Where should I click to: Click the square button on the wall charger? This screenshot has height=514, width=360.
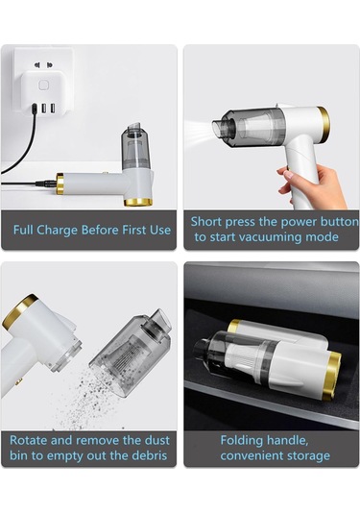(x=43, y=86)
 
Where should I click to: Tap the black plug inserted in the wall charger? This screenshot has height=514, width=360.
(x=35, y=109)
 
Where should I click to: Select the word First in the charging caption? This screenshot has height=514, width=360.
(x=134, y=230)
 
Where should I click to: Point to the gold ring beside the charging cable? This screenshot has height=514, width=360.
(x=60, y=184)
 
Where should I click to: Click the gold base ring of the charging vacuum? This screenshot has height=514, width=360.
(x=138, y=203)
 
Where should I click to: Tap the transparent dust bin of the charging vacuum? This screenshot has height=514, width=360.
(x=135, y=147)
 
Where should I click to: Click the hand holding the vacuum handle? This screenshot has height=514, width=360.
(x=311, y=185)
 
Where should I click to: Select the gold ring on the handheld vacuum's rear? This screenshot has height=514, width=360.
(x=324, y=123)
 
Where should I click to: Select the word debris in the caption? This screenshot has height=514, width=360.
(x=150, y=455)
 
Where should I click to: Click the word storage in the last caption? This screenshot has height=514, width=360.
(x=306, y=456)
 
